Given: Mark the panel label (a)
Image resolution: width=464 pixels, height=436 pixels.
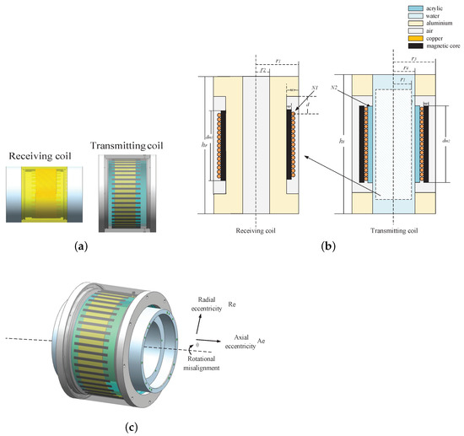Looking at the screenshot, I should click(82, 246).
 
